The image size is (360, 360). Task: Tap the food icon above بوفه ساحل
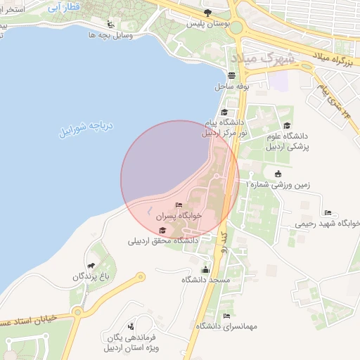click(231, 75)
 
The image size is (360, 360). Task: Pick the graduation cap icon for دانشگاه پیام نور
click(224, 112)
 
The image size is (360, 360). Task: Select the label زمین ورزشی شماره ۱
click(278, 185)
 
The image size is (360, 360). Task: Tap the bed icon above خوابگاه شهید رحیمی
click(328, 212)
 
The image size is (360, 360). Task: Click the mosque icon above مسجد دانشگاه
click(205, 269)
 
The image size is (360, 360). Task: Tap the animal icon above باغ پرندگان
click(91, 266)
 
